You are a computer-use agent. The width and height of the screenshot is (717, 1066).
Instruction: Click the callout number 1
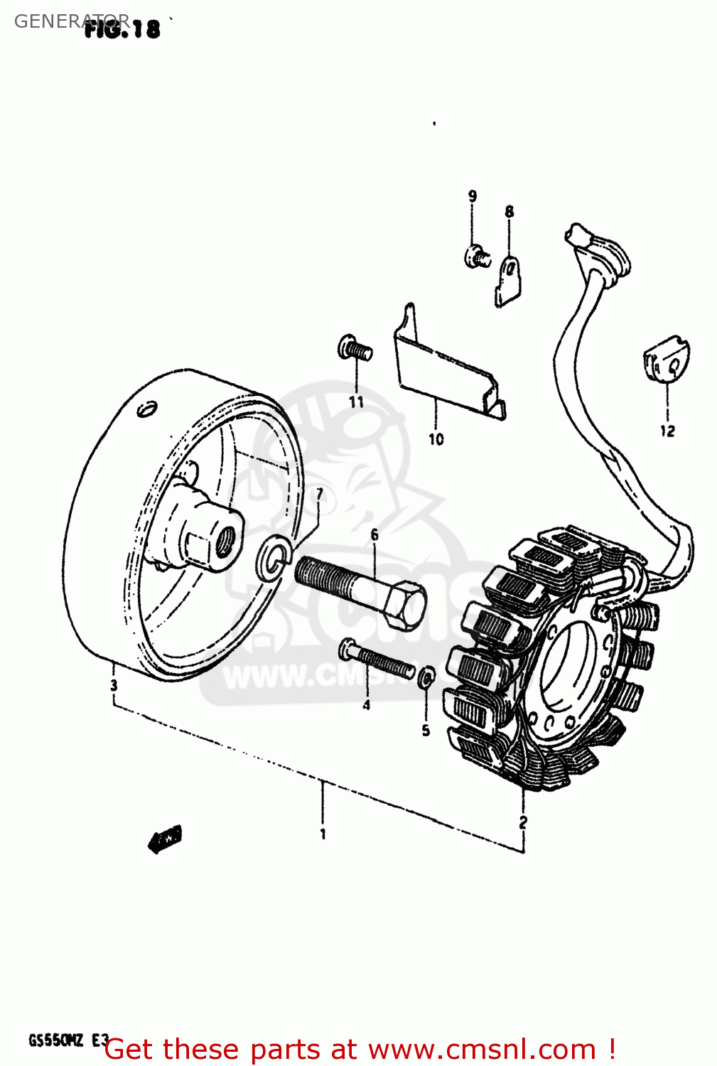pyautogui.click(x=323, y=833)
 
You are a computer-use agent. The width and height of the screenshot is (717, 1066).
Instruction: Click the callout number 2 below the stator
pyautogui.click(x=523, y=822)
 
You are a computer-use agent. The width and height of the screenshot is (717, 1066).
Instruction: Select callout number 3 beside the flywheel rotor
pyautogui.click(x=114, y=686)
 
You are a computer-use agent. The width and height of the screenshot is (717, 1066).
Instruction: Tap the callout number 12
pyautogui.click(x=667, y=431)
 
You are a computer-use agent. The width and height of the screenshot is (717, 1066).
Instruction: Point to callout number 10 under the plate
pyautogui.click(x=436, y=439)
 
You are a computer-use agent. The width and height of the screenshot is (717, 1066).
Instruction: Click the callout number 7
pyautogui.click(x=320, y=493)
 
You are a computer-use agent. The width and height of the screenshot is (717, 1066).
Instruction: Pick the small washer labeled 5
pyautogui.click(x=426, y=677)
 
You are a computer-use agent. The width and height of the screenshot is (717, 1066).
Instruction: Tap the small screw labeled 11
pyautogui.click(x=355, y=348)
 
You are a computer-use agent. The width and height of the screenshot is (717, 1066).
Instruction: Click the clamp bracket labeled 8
pyautogui.click(x=509, y=281)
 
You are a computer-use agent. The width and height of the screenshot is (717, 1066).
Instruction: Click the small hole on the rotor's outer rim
pyautogui.click(x=146, y=410)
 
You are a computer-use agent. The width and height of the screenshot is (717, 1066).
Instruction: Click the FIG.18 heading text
pyautogui.click(x=122, y=28)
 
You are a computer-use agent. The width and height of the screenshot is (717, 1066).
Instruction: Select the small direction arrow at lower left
pyautogui.click(x=165, y=839)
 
